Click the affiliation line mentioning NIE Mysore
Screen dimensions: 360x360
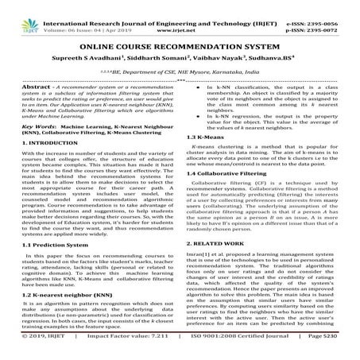pos(180,72)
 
